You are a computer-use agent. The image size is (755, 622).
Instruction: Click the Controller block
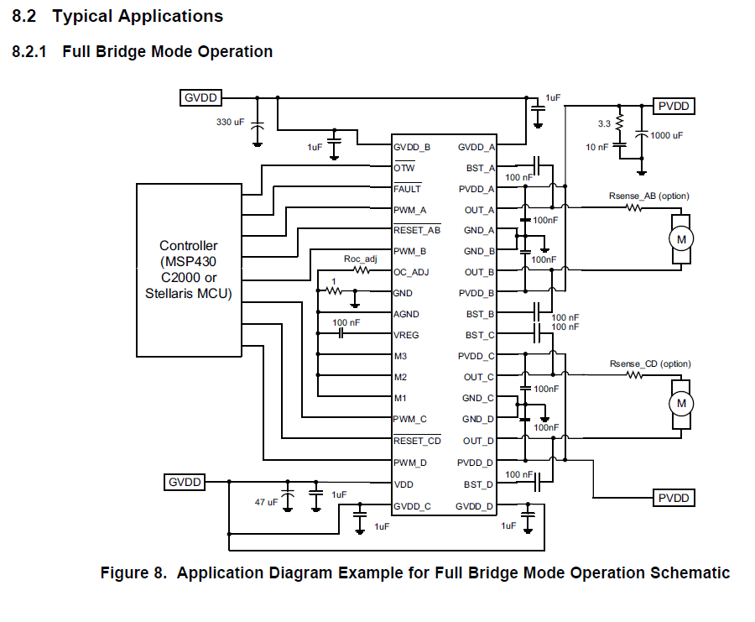coord(190,269)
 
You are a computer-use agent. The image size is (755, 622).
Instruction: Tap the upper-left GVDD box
coord(200,98)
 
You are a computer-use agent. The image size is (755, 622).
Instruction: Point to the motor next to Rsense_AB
coord(680,239)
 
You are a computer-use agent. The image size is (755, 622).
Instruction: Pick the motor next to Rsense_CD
coord(680,404)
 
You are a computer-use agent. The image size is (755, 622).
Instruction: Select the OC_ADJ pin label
coord(412,272)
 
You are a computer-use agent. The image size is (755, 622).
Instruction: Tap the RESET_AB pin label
coord(417,230)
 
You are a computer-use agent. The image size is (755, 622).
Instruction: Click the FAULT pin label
coord(407,189)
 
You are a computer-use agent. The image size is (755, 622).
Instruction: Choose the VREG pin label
coord(408,335)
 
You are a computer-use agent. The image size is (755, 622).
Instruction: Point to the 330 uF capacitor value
coord(231,123)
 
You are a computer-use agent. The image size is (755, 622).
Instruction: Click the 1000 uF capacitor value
coord(667,135)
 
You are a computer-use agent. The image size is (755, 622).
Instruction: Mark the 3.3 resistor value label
coord(604,124)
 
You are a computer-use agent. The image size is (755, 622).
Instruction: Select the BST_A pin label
coord(481,168)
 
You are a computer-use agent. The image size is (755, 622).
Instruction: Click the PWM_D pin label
coord(410,463)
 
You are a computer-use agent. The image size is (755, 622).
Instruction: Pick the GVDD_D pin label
coord(475,506)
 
